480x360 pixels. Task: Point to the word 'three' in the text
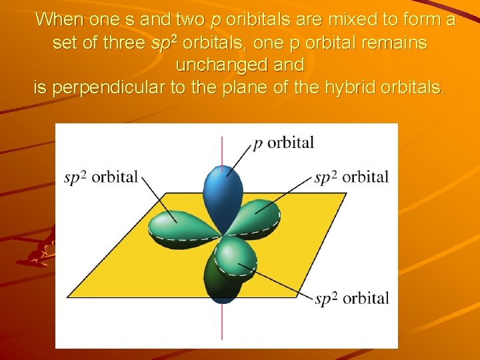coord(122,43)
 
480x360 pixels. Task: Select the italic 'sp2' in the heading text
coord(163,43)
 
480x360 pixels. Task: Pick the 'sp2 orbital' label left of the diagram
coord(101,177)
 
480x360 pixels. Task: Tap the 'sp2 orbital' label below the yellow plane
coord(351,298)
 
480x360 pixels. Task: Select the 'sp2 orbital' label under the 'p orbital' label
coord(351,177)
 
